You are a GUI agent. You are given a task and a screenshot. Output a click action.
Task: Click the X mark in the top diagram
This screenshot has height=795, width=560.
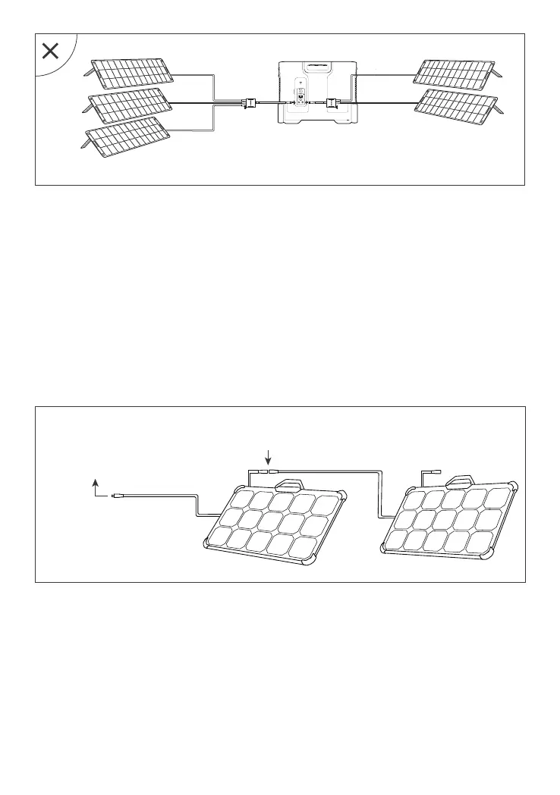pos(51,52)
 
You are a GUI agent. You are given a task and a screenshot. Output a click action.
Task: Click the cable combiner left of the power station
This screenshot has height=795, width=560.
pos(247,102)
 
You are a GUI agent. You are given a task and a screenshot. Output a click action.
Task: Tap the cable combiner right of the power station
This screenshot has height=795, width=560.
pos(332,102)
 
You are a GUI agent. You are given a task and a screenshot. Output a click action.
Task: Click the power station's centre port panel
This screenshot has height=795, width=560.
pos(300,100)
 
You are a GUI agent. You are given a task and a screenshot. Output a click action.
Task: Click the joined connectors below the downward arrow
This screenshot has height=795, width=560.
pos(266,471)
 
